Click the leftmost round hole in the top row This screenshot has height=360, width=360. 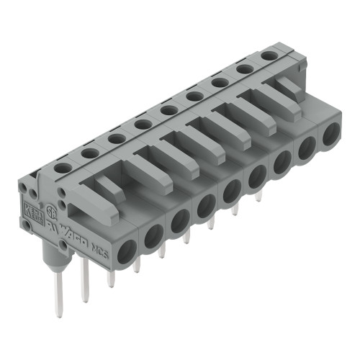tap(63, 167)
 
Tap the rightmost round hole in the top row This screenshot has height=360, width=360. tap(270, 55)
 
